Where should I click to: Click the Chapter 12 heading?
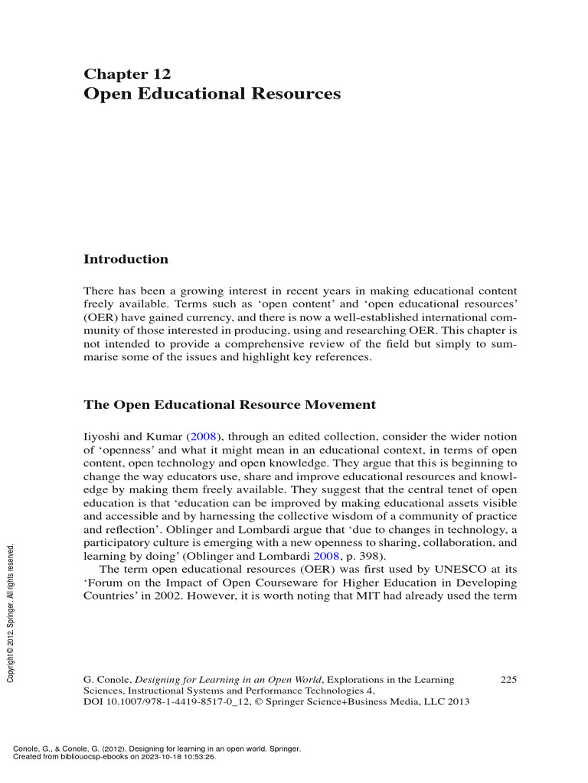126,74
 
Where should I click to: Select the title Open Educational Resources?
211,94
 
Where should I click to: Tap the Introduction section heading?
125,259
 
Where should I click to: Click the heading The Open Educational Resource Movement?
229,404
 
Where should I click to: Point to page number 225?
508,679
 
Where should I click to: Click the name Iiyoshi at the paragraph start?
100,436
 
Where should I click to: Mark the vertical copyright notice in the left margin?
11,612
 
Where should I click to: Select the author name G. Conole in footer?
106,679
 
